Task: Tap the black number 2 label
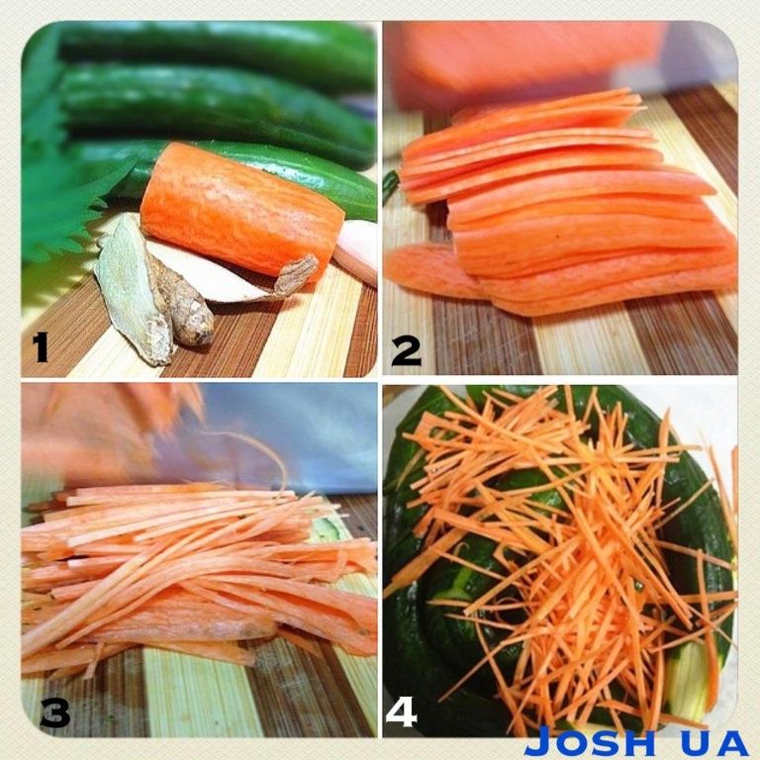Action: click(406, 350)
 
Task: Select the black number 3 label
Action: click(55, 712)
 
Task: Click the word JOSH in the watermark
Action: click(589, 743)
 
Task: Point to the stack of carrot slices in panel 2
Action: click(567, 204)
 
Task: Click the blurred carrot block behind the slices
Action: click(528, 63)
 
